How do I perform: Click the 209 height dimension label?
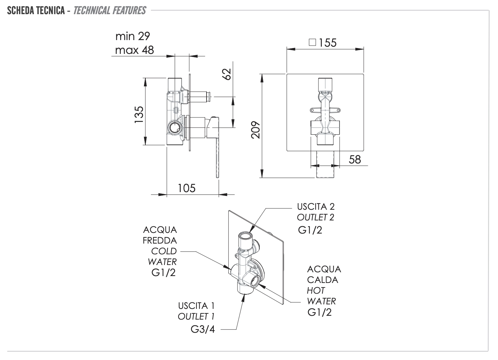coord(256,130)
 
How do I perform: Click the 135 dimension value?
coord(139,115)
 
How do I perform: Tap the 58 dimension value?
coord(355,159)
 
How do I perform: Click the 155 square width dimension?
coord(327,43)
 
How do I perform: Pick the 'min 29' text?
coord(133,36)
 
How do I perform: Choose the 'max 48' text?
coord(134,50)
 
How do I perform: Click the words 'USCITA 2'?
coord(316,207)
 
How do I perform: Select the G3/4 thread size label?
coord(203,329)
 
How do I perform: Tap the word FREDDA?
coord(160,240)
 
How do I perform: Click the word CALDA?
coord(323,280)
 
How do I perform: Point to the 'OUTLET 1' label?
coord(198,316)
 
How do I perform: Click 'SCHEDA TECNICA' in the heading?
coord(36,11)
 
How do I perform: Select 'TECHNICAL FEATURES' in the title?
coord(109,11)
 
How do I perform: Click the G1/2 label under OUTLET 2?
coord(310,230)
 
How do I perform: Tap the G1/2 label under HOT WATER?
coord(319,312)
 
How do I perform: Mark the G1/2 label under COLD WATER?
coord(163,273)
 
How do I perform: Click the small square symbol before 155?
coord(312,42)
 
